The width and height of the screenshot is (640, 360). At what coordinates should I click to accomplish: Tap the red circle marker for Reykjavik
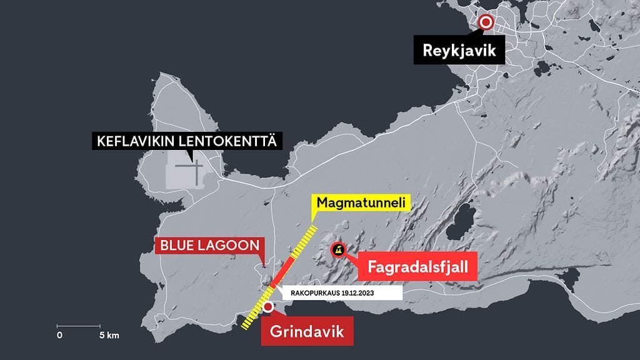pos(486,23)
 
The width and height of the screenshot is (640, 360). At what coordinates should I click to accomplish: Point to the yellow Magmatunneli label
pos(361,202)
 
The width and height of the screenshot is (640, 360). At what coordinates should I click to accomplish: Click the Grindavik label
pos(307,331)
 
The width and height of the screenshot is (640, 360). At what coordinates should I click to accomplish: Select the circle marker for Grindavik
pos(268,307)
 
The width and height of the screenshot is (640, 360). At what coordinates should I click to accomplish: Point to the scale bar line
pos(79,326)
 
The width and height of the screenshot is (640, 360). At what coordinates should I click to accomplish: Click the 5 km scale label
pos(109,336)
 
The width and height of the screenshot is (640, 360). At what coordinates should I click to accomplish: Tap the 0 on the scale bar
pos(59,336)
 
